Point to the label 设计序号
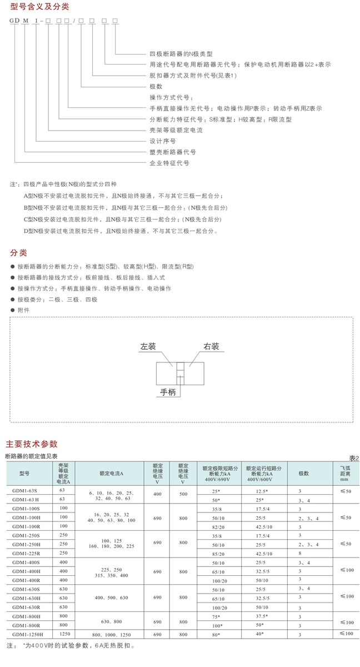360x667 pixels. (x=163, y=141)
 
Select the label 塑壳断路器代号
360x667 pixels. (x=173, y=152)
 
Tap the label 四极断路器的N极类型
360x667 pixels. (x=182, y=54)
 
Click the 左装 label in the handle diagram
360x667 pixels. (x=148, y=346)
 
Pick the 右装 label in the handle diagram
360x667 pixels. (x=211, y=346)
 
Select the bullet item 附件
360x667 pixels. (x=23, y=310)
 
